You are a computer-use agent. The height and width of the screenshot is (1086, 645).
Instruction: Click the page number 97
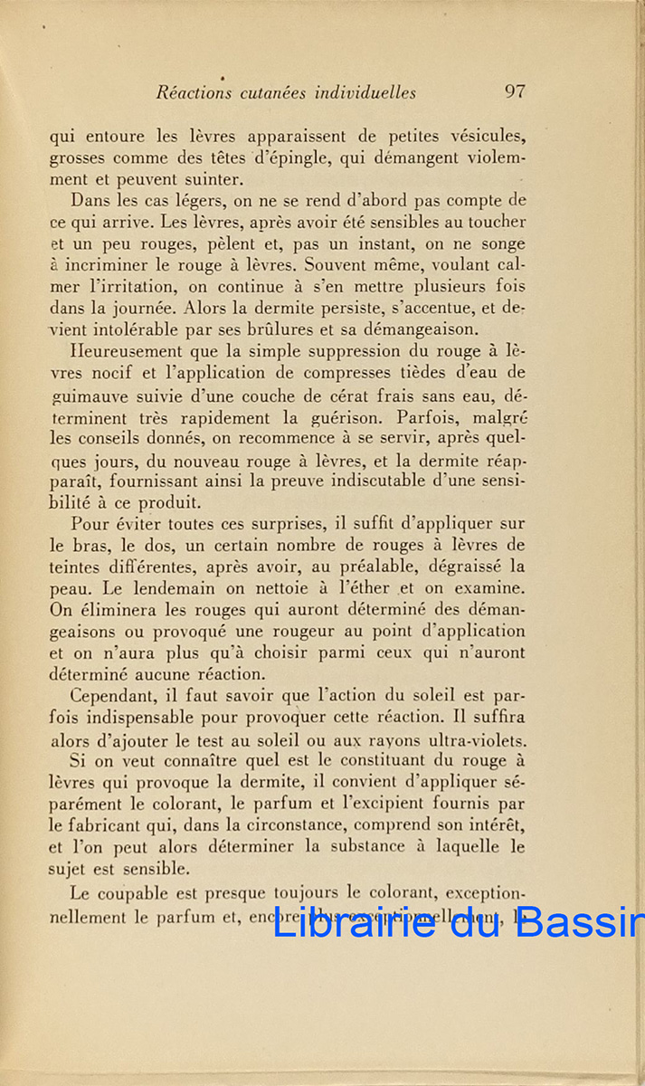click(x=516, y=91)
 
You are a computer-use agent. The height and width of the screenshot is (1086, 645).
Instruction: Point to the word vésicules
click(x=482, y=137)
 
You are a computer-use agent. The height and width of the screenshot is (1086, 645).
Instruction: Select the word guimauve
click(x=84, y=395)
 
